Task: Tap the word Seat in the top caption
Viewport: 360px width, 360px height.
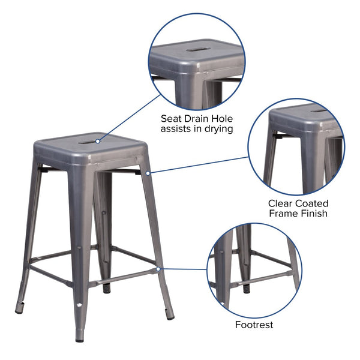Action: (173, 118)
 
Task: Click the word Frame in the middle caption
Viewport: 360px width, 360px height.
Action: (283, 213)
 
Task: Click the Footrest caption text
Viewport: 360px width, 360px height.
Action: (254, 325)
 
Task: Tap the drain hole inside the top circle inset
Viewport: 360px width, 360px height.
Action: (197, 49)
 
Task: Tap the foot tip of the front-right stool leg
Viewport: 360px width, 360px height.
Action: (170, 315)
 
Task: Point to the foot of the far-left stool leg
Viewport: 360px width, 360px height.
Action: (19, 310)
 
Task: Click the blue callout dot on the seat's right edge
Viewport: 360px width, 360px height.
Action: (148, 173)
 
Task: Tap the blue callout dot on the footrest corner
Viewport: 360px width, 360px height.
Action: (158, 269)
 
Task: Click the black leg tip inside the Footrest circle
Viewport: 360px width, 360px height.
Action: (247, 289)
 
